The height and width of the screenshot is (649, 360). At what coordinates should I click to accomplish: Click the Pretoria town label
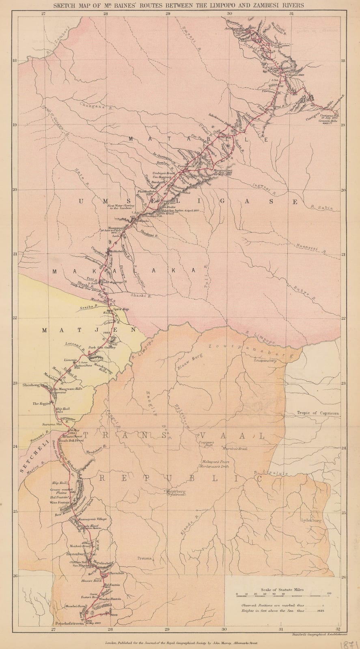tap(144, 558)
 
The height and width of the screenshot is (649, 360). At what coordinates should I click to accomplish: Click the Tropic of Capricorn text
tap(317, 413)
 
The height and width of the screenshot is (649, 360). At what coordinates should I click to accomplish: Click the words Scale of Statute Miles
tap(282, 590)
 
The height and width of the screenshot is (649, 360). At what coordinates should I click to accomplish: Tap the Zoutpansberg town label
tap(265, 360)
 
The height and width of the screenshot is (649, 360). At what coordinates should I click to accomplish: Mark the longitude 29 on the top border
tap(168, 14)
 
